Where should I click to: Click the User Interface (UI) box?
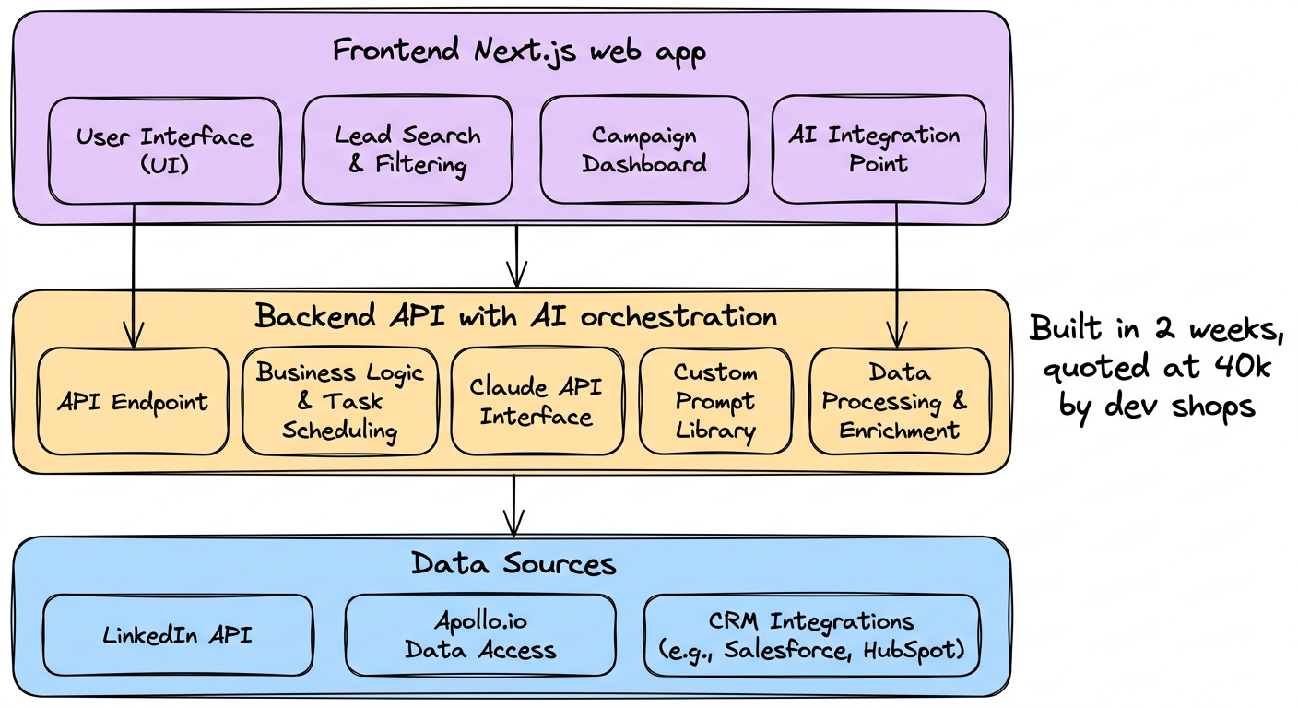pyautogui.click(x=164, y=150)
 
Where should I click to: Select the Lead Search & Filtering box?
pyautogui.click(x=407, y=150)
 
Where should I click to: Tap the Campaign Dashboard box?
pyautogui.click(x=644, y=150)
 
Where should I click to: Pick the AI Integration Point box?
pyautogui.click(x=878, y=150)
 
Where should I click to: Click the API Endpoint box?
pyautogui.click(x=132, y=401)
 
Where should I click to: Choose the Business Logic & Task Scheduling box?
pyautogui.click(x=340, y=401)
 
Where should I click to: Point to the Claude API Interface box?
pyautogui.click(x=536, y=401)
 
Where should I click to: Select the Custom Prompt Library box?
pyautogui.click(x=715, y=401)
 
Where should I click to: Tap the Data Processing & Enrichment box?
pyautogui.click(x=900, y=401)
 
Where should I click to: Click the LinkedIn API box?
pyautogui.click(x=178, y=635)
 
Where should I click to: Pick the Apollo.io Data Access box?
pyautogui.click(x=480, y=635)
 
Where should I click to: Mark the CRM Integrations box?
pyautogui.click(x=811, y=635)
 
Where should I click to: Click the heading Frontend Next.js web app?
pyautogui.click(x=519, y=50)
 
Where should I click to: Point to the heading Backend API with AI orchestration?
pyautogui.click(x=515, y=317)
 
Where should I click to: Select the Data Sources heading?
pyautogui.click(x=513, y=562)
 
